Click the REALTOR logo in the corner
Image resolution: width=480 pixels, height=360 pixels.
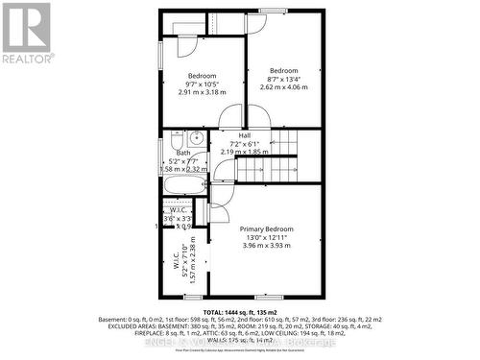pyautogui.click(x=26, y=33)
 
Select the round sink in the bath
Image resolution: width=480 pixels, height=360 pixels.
pyautogui.click(x=173, y=139)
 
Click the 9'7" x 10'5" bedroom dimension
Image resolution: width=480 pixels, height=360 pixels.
pyautogui.click(x=203, y=84)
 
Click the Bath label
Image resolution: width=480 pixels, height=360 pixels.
pyautogui.click(x=182, y=153)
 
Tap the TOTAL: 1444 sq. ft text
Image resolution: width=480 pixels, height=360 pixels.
pyautogui.click(x=239, y=311)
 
